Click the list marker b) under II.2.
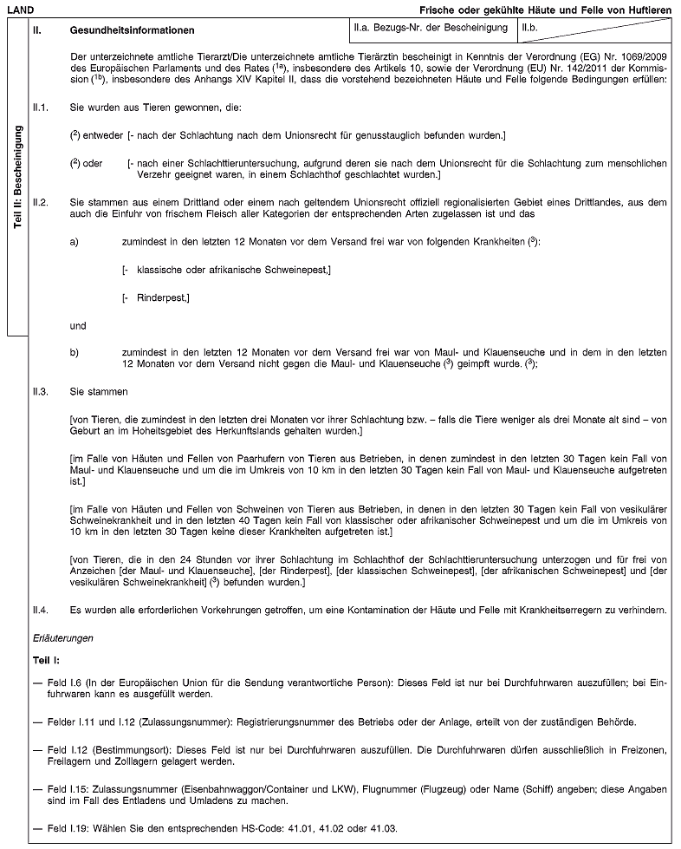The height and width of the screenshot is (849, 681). (75, 351)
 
